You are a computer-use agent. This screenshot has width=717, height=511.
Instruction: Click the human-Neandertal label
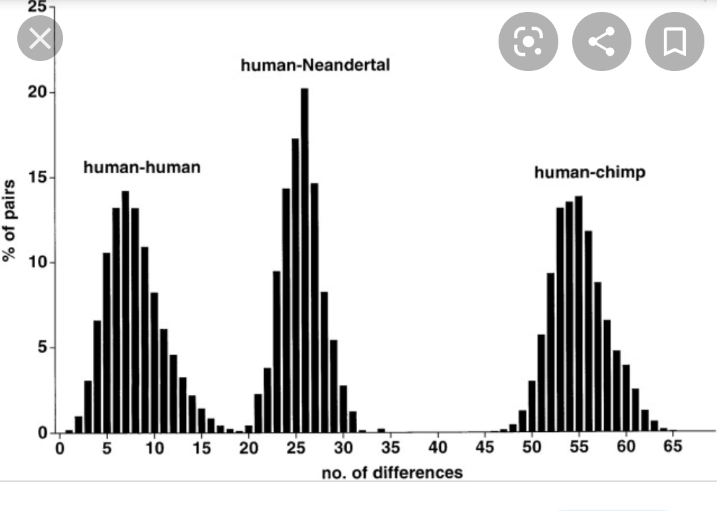315,66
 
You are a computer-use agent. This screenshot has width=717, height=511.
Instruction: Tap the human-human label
141,167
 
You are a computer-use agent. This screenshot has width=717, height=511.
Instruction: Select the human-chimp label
590,173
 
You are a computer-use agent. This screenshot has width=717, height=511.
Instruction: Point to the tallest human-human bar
125,312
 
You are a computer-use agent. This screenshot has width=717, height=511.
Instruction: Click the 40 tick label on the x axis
438,447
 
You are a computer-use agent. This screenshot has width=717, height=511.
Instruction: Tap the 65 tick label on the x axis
673,447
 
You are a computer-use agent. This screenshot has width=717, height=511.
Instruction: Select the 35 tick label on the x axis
390,447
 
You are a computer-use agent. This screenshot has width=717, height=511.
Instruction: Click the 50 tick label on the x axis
532,447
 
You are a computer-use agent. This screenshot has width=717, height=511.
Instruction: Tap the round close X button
40,39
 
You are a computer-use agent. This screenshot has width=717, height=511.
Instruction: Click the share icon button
601,42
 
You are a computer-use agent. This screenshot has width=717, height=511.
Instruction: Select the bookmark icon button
675,42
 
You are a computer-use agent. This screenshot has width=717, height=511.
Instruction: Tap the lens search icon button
527,42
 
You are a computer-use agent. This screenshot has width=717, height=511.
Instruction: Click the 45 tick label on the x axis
485,447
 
